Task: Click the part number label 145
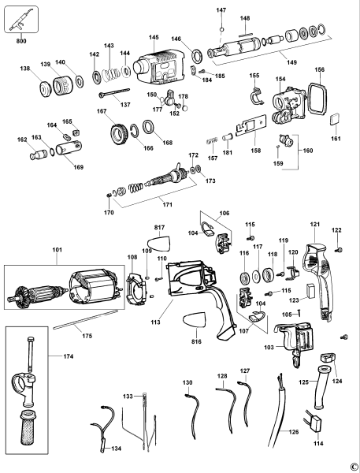(x=153, y=37)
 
